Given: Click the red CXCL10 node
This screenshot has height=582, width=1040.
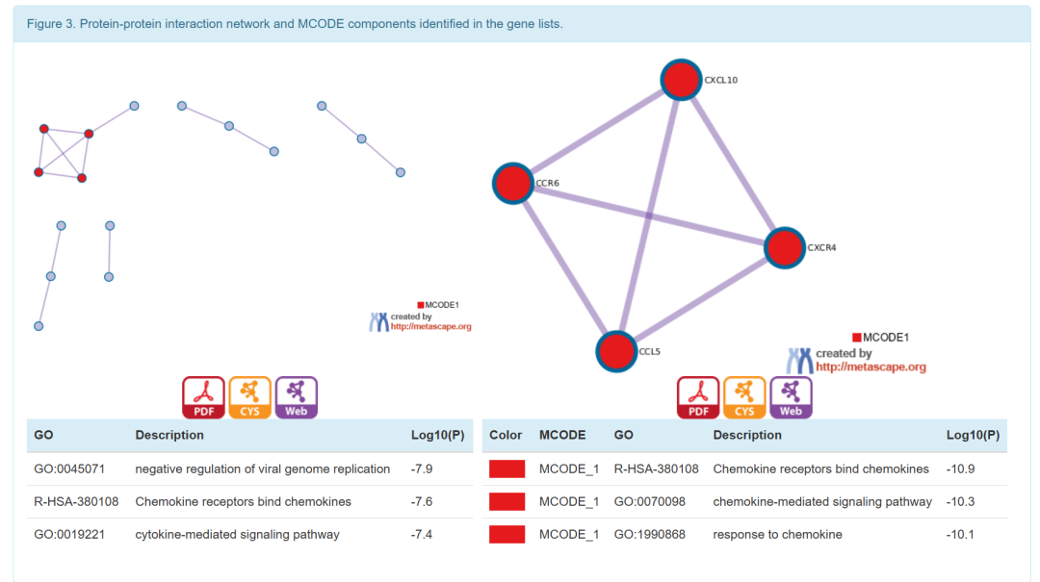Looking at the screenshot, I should pos(681,80).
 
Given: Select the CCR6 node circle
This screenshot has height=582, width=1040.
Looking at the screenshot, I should pos(513,183).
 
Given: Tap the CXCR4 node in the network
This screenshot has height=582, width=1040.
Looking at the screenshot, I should pos(785,247).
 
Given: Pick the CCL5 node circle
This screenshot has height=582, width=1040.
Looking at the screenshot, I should pos(616,351).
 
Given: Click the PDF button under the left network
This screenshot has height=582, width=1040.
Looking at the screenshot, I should pos(203,397).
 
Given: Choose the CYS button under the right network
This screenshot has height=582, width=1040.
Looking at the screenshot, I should pos(744,397).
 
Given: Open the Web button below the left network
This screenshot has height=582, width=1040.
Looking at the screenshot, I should pos(297,397).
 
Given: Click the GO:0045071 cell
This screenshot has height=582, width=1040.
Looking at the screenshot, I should pos(69,469).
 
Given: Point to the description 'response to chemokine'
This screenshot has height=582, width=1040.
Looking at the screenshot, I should pos(778,535).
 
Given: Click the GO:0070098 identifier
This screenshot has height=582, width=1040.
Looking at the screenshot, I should pos(650,502).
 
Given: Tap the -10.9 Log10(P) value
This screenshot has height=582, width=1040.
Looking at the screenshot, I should pos(961,469).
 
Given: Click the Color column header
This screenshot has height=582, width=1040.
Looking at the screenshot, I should pos(506,435).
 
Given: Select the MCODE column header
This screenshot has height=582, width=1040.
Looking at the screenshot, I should pos(562,435).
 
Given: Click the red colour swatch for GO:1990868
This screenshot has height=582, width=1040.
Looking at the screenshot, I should pos(507,535).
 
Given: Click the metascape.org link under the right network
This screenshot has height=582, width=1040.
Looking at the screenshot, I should pos(871,367).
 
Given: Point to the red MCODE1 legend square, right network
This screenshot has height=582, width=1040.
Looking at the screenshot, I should pos(857,338).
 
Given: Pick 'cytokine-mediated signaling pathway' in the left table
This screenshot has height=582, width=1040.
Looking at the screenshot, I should pos(237,535).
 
